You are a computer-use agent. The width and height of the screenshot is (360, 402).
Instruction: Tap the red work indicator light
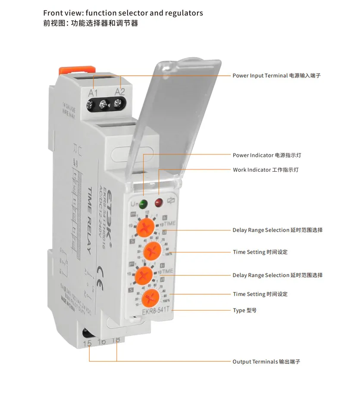click(x=159, y=201)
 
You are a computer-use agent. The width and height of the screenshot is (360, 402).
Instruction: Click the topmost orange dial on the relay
click(x=145, y=227)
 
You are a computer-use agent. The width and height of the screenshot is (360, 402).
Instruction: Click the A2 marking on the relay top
click(x=119, y=91)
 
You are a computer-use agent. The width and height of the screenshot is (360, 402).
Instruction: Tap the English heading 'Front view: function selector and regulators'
click(x=123, y=13)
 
